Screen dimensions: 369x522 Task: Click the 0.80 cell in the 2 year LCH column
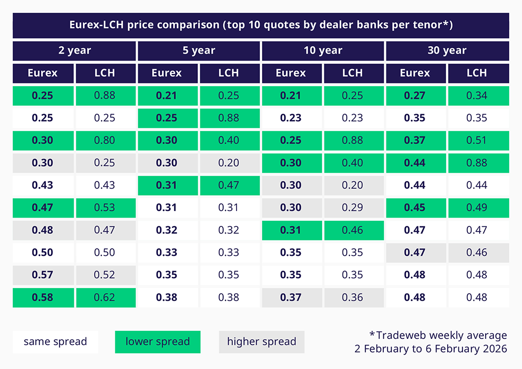point(105,140)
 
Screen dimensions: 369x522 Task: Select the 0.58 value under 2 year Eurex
point(43,297)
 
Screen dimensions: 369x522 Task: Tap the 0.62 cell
point(105,297)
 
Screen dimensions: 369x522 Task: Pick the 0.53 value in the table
point(105,207)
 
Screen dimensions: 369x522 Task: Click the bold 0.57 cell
point(43,275)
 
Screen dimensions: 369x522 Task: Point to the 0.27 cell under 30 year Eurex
point(415,95)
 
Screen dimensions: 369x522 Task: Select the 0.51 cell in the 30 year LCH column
point(477,140)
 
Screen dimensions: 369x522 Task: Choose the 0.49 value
point(477,207)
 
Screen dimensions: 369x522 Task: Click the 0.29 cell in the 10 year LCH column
point(353,207)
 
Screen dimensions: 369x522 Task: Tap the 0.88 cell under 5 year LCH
point(229,118)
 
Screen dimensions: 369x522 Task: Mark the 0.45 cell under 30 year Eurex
point(415,207)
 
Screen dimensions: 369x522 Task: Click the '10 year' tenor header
point(323,51)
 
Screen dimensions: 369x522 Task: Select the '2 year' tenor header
point(74,51)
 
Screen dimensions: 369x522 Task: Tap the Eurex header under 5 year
point(167,73)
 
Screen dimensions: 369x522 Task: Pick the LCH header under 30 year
point(477,73)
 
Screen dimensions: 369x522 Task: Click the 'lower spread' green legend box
point(158,341)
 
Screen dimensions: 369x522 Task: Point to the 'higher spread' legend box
point(262,341)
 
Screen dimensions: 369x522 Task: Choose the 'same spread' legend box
point(55,341)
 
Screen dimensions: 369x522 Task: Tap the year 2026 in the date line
point(492,349)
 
